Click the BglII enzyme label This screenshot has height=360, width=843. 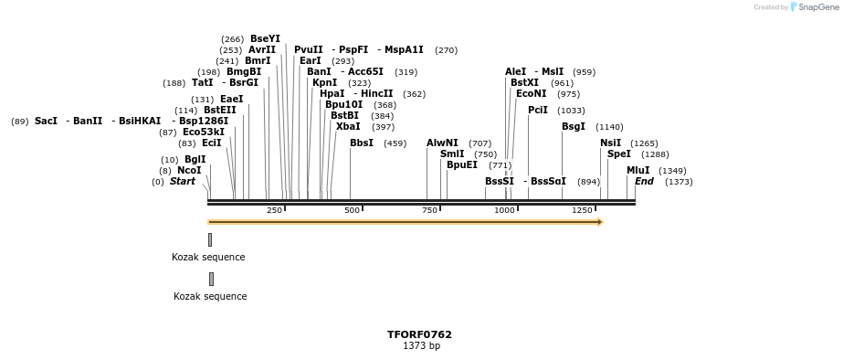click(x=195, y=159)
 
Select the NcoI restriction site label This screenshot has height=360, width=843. click(x=189, y=170)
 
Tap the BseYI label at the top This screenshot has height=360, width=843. click(x=265, y=38)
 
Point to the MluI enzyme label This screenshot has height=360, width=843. click(x=638, y=170)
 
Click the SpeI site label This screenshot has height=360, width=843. click(x=618, y=154)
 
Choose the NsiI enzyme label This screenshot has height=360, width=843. click(x=610, y=143)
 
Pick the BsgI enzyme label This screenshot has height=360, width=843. click(x=573, y=126)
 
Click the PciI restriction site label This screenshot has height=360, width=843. click(x=537, y=110)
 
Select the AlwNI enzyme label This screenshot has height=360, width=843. click(x=442, y=143)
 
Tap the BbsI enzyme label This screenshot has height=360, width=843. click(x=361, y=143)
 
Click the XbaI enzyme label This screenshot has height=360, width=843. click(x=347, y=126)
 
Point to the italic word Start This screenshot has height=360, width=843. click(x=182, y=181)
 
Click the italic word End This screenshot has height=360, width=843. click(x=644, y=181)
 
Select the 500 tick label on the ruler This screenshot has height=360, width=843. click(x=352, y=210)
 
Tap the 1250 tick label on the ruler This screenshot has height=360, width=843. click(x=582, y=210)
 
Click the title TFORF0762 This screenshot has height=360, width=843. click(x=419, y=334)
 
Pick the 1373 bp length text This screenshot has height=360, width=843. click(x=421, y=345)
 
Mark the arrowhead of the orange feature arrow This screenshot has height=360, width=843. click(x=600, y=221)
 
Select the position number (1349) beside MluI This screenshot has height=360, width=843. click(x=672, y=171)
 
